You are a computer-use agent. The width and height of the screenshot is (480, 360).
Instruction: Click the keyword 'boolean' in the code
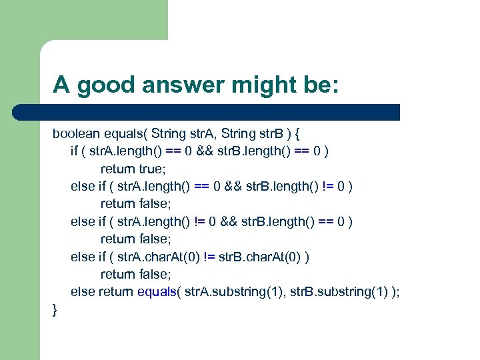(x=74, y=133)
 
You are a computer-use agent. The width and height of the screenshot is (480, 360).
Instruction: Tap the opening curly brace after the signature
(x=297, y=133)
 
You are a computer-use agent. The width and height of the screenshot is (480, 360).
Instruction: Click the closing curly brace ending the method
(x=55, y=309)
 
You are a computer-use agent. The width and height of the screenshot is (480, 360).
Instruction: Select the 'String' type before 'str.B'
(x=235, y=133)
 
